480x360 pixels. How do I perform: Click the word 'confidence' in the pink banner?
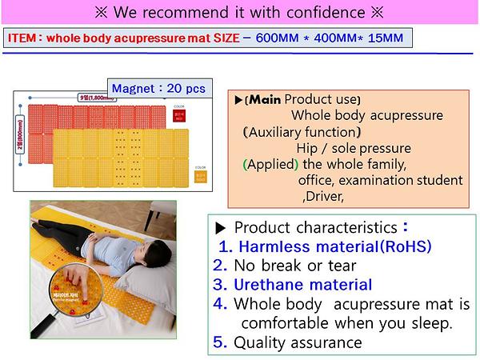pyautogui.click(x=324, y=13)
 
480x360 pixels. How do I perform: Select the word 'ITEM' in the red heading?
pyautogui.click(x=22, y=38)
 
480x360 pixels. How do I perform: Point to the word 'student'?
pyautogui.click(x=437, y=180)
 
